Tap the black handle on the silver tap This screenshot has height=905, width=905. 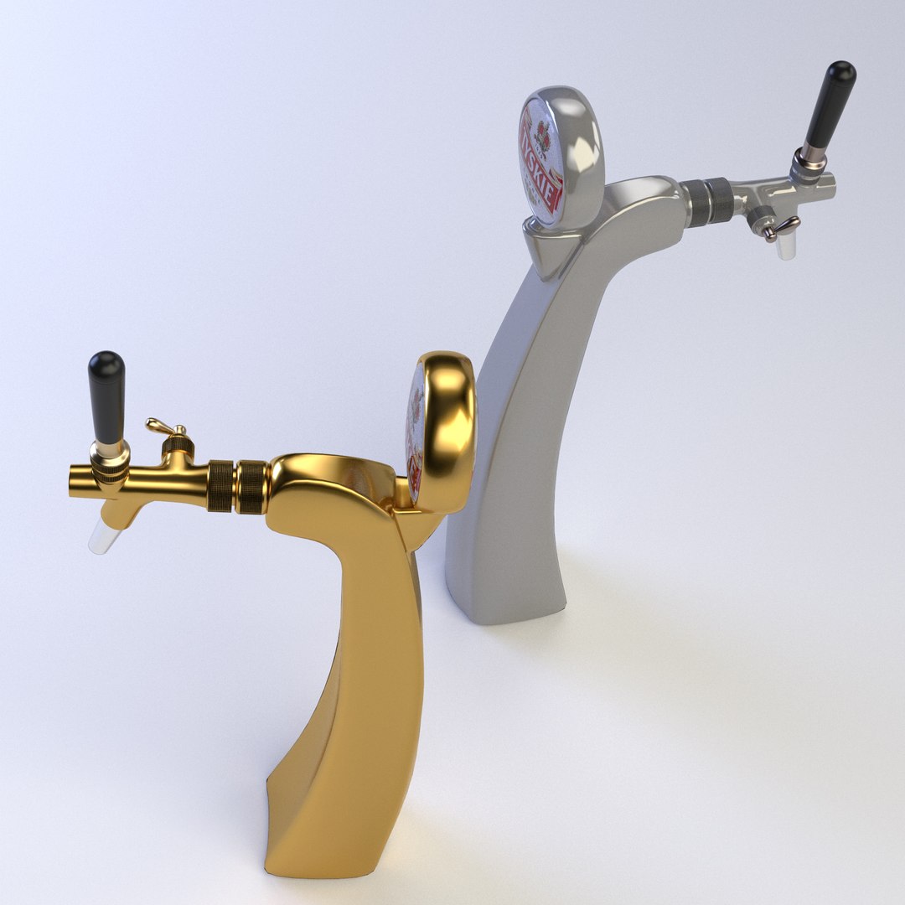pos(829,104)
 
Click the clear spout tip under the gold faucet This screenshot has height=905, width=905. pos(100,535)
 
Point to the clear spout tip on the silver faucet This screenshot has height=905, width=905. pos(785,246)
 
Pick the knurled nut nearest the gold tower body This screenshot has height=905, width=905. pos(251,486)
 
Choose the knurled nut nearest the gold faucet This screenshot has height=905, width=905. pos(220,485)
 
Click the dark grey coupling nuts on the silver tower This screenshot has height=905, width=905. pos(708,202)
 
